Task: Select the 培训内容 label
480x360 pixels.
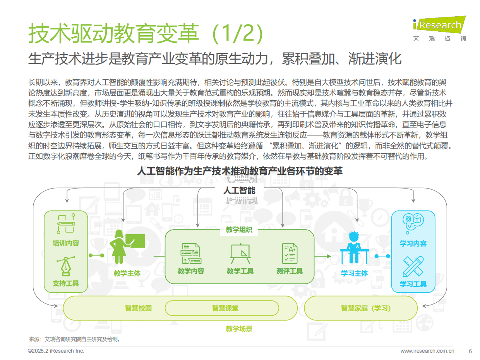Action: coord(66,243)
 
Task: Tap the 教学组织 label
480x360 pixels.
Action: coord(239,230)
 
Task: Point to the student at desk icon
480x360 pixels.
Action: coord(354,248)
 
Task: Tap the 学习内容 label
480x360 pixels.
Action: coord(413,243)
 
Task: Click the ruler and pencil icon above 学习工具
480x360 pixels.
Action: coord(413,266)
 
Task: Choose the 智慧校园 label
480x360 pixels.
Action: coord(138,308)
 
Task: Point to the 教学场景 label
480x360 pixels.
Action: coord(239,329)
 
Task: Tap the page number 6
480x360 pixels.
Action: coord(470,351)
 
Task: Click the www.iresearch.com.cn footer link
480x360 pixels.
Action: coord(427,351)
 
